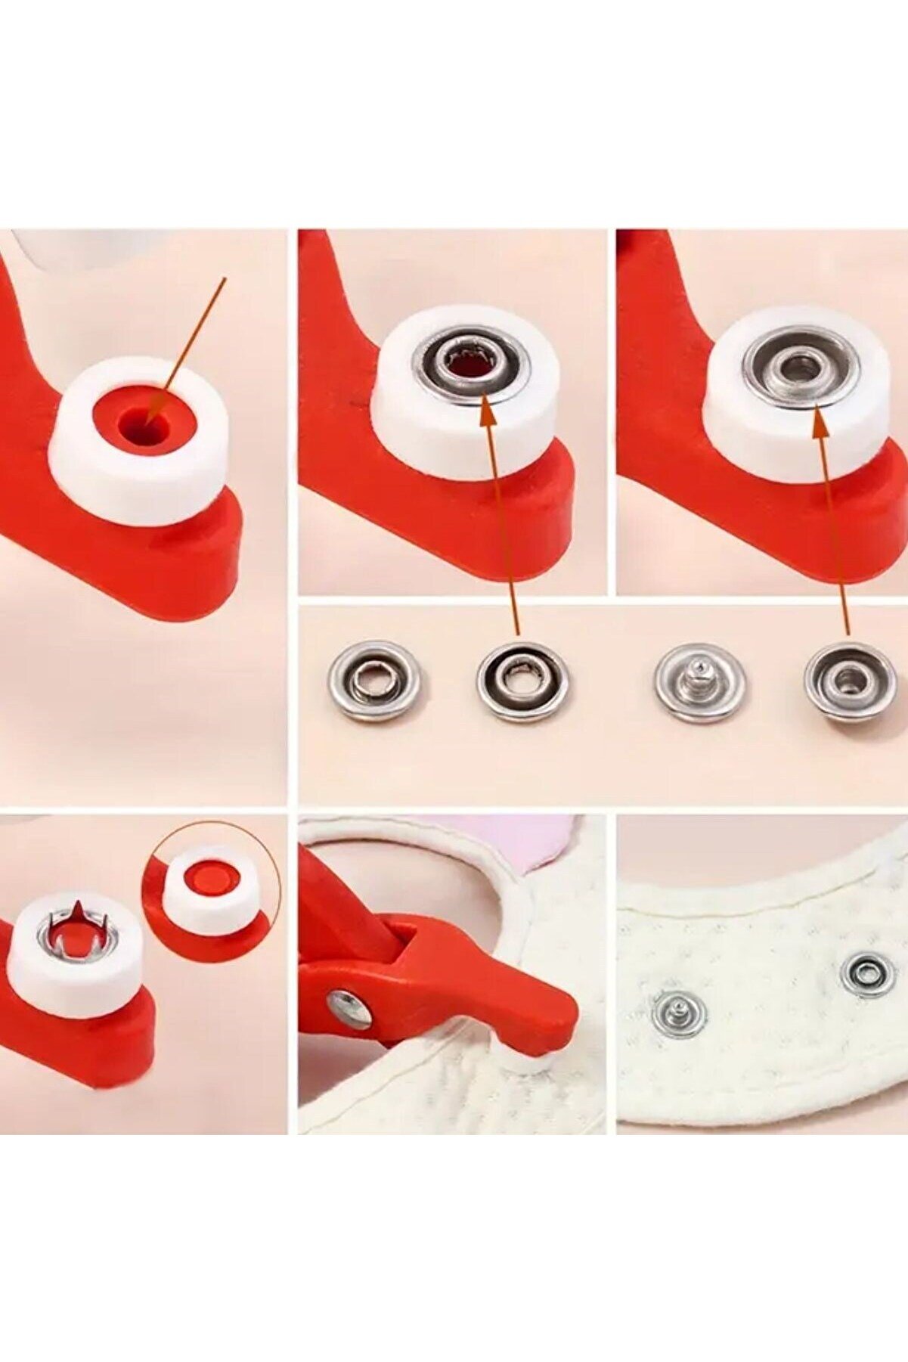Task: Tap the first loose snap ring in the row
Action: (375, 680)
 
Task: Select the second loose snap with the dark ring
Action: (522, 681)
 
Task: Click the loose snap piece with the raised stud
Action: (699, 681)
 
